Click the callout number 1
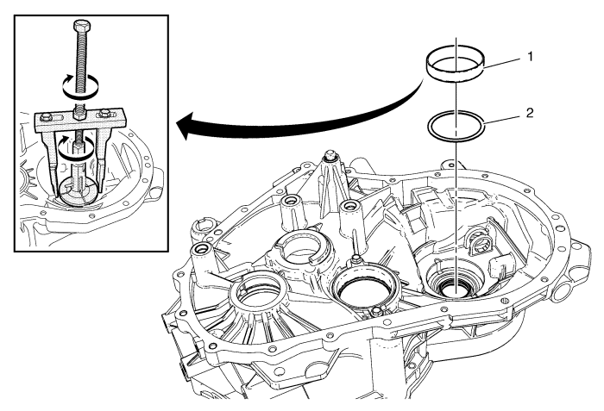point(530,57)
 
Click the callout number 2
point(530,113)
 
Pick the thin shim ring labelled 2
point(456,126)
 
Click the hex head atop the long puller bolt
point(81,26)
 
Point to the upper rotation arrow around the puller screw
point(80,86)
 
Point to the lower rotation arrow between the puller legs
point(76,148)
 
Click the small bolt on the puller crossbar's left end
point(45,117)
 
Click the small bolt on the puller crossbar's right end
point(104,114)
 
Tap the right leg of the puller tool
point(103,158)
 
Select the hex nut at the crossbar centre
point(80,114)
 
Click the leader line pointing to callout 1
point(503,62)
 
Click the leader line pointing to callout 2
point(503,119)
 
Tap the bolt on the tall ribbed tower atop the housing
point(330,155)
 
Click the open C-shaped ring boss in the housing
point(301,249)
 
